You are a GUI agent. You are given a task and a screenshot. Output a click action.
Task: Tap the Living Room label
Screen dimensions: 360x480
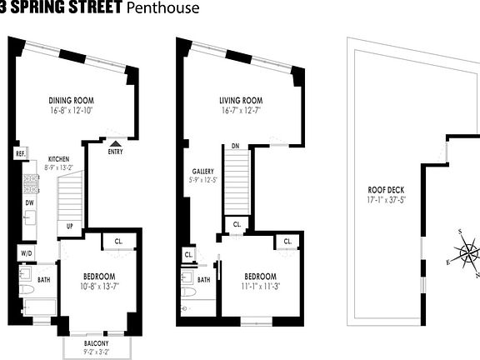coord(242,102)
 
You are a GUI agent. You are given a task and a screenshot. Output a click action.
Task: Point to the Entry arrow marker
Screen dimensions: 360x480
coord(115,142)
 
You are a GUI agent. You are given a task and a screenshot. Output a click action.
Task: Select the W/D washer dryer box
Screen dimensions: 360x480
coord(25,252)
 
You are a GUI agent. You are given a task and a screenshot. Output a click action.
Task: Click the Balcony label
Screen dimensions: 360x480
coord(97,343)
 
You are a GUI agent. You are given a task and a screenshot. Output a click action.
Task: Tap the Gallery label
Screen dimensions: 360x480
coord(203,172)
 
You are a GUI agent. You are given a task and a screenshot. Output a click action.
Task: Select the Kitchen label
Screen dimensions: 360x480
coord(57,158)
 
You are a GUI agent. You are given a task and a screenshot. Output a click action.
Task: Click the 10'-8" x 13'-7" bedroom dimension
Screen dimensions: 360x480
coord(98,287)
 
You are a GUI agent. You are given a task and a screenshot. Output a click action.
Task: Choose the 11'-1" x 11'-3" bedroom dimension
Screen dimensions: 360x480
coord(261,287)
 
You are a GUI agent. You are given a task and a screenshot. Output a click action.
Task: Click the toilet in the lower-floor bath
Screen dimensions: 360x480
coord(26,291)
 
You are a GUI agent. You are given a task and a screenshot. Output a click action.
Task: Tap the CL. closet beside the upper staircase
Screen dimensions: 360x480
coord(237,224)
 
